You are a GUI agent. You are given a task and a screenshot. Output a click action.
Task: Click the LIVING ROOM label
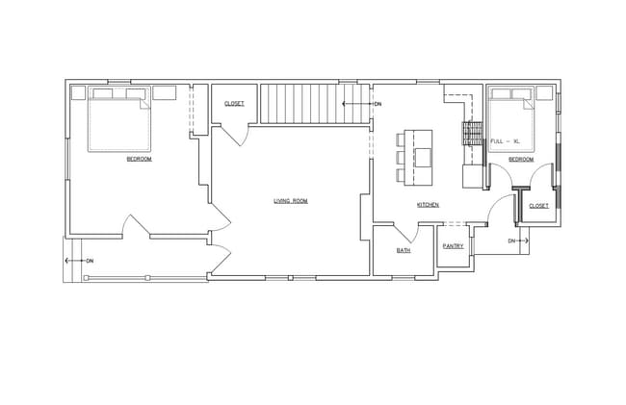pyautogui.click(x=290, y=201)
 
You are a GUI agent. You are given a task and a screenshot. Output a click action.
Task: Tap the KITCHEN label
pyautogui.click(x=429, y=205)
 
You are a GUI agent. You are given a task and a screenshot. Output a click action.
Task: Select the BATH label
pyautogui.click(x=404, y=250)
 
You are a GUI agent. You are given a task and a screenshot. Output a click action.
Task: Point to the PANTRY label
pyautogui.click(x=453, y=246)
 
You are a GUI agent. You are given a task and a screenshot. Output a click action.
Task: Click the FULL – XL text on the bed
pyautogui.click(x=505, y=141)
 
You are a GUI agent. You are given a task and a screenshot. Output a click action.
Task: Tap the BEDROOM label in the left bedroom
pyautogui.click(x=139, y=159)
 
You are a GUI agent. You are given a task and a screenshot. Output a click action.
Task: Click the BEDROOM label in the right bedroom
pyautogui.click(x=521, y=159)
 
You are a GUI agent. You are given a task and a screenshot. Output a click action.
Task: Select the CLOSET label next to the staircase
pyautogui.click(x=234, y=103)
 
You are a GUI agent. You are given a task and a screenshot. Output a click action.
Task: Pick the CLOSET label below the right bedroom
pyautogui.click(x=538, y=206)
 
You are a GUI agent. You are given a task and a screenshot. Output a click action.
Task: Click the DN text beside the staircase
pyautogui.click(x=378, y=103)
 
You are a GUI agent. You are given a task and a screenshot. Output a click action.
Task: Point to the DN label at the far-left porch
pyautogui.click(x=89, y=261)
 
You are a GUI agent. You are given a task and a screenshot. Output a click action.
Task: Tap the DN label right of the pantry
pyautogui.click(x=512, y=240)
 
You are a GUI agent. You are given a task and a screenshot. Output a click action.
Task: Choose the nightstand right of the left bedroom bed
pyautogui.click(x=163, y=93)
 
